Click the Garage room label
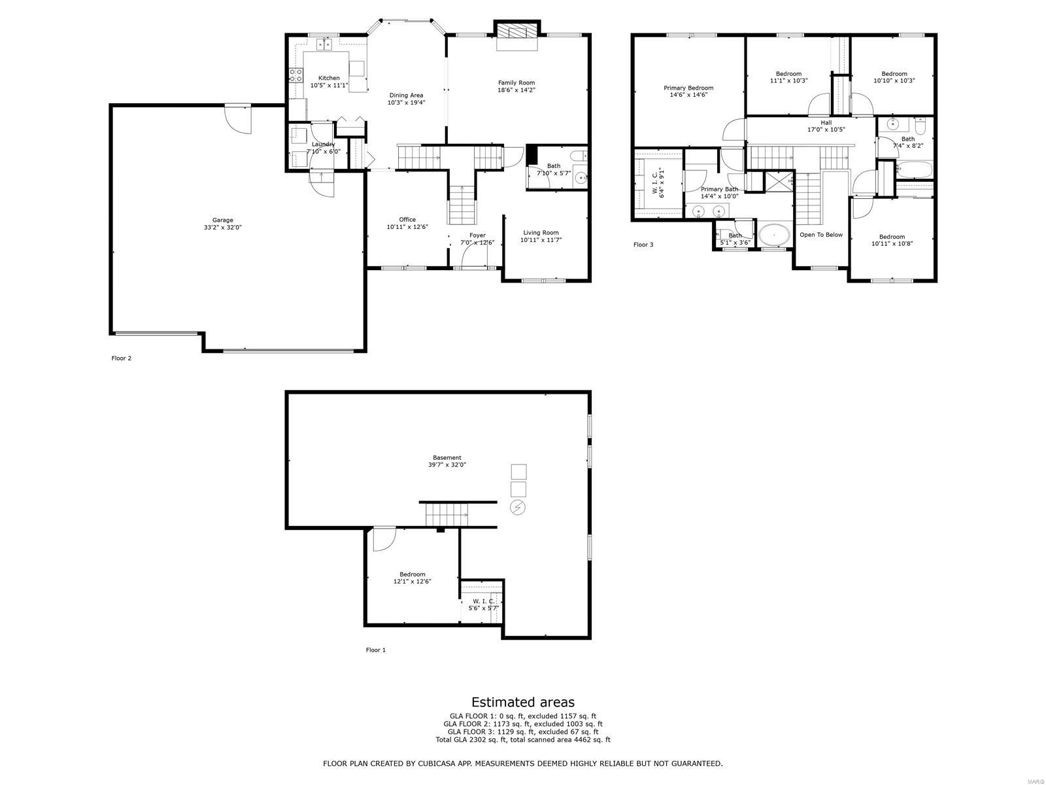222,220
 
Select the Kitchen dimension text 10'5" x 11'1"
329,86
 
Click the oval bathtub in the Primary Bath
774,234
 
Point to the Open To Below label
821,235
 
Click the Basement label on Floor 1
447,458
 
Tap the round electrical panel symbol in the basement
518,507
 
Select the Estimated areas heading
523,703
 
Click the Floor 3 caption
643,245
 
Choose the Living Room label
541,233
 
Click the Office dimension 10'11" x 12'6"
407,227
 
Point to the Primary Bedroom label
688,88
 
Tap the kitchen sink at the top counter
325,44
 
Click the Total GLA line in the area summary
523,740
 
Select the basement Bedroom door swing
383,538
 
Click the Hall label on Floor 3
826,122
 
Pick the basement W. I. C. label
483,601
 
